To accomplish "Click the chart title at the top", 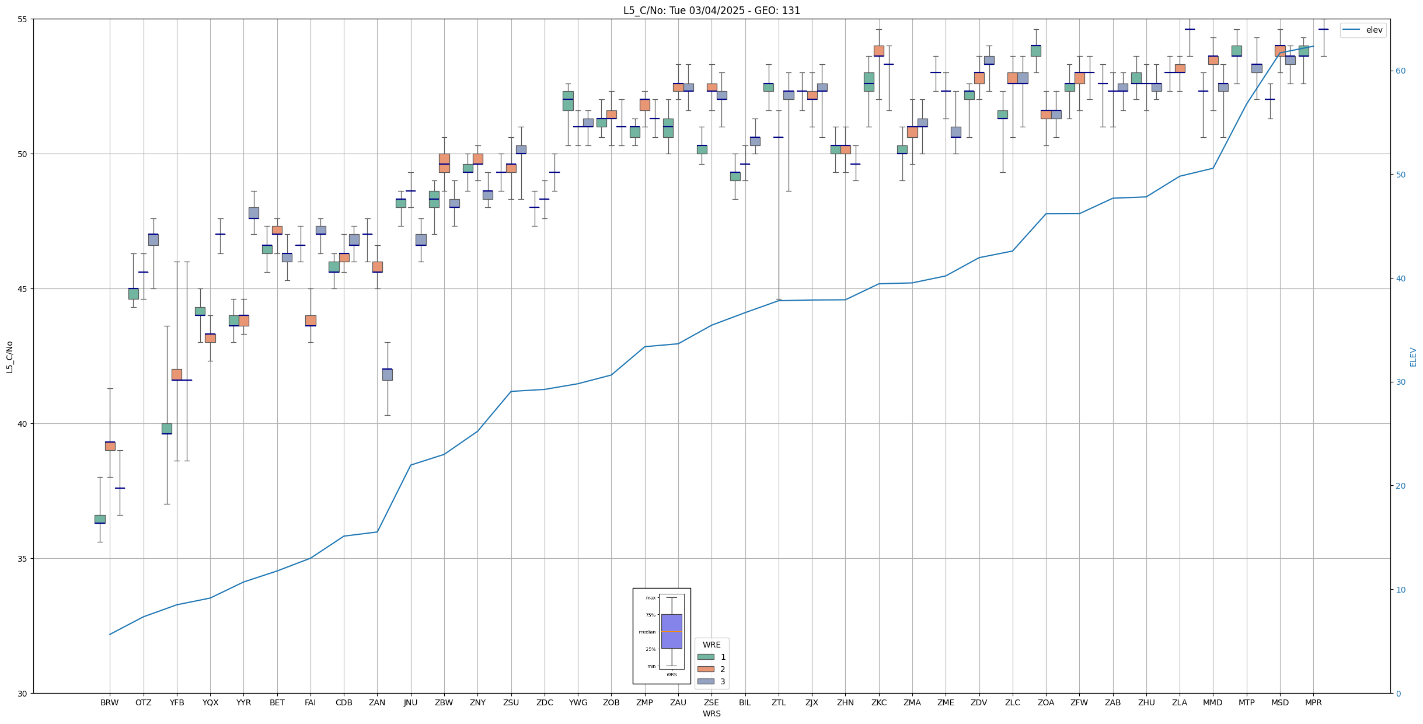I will pyautogui.click(x=712, y=11).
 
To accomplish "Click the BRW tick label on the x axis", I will pyautogui.click(x=109, y=702).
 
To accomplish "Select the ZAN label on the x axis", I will pyautogui.click(x=377, y=702).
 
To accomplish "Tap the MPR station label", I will pyautogui.click(x=1313, y=702).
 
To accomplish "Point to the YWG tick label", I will pyautogui.click(x=578, y=702).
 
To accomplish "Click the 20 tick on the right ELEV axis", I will pyautogui.click(x=1398, y=486).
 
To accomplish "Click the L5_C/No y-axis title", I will pyautogui.click(x=9, y=357).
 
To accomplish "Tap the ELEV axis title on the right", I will pyautogui.click(x=1413, y=357).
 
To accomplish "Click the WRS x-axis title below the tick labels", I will pyautogui.click(x=712, y=713).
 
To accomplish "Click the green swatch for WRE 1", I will pyautogui.click(x=706, y=657).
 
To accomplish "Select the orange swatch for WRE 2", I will pyautogui.click(x=706, y=669).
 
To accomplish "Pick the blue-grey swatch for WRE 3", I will pyautogui.click(x=706, y=681).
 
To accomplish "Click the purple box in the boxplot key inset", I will pyautogui.click(x=671, y=631).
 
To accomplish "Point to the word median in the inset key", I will pyautogui.click(x=647, y=632).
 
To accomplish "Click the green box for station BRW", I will pyautogui.click(x=100, y=519).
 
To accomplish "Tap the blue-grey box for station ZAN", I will pyautogui.click(x=387, y=374).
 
